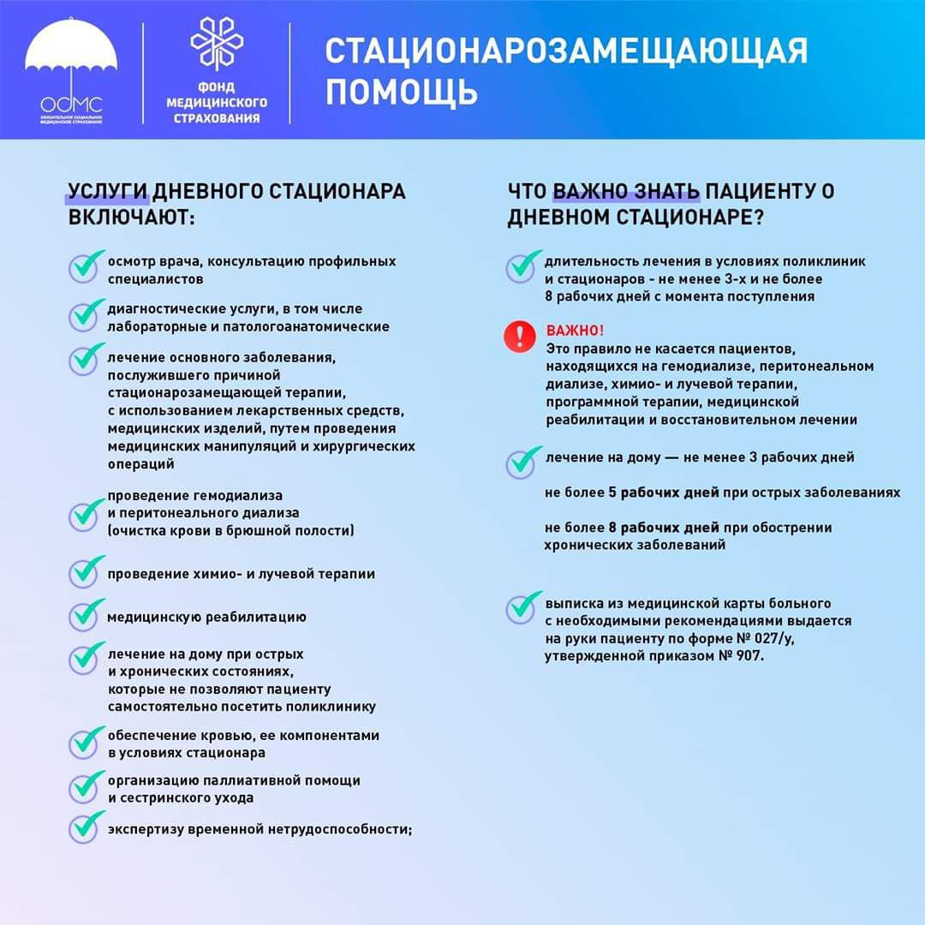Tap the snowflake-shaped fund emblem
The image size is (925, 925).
pyautogui.click(x=216, y=45)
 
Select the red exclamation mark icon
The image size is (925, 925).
pyautogui.click(x=519, y=336)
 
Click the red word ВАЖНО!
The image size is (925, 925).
pyautogui.click(x=575, y=331)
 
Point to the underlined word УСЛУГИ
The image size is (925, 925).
pyautogui.click(x=109, y=191)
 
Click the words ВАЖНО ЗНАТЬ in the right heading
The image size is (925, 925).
pyautogui.click(x=626, y=191)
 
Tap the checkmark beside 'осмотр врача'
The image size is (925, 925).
pyautogui.click(x=86, y=266)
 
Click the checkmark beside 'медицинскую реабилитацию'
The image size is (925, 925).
pyautogui.click(x=86, y=614)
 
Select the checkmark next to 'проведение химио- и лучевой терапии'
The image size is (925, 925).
pyautogui.click(x=86, y=571)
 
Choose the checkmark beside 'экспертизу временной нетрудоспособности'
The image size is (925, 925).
pyautogui.click(x=86, y=827)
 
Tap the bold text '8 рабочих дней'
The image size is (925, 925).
pyautogui.click(x=664, y=527)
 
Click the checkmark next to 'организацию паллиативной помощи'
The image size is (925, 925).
pyautogui.click(x=86, y=786)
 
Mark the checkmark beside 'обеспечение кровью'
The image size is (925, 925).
pyautogui.click(x=86, y=742)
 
